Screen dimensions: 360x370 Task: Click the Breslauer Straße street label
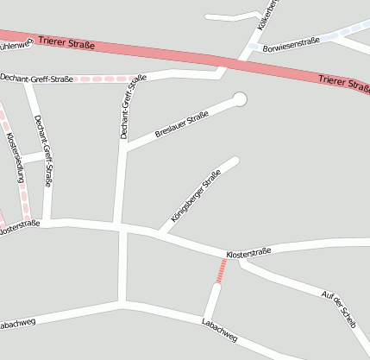pyautogui.click(x=181, y=123)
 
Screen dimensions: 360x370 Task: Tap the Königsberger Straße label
pyautogui.click(x=196, y=196)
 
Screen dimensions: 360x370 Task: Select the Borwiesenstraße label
pyautogui.click(x=291, y=42)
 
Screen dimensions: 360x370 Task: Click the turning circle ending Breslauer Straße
pyautogui.click(x=240, y=99)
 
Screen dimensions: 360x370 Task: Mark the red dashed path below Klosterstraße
pyautogui.click(x=223, y=270)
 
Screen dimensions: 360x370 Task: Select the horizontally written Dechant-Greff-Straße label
pyautogui.click(x=36, y=78)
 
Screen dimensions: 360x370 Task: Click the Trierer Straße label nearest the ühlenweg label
pyautogui.click(x=66, y=41)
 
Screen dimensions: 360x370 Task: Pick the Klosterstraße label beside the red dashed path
pyautogui.click(x=248, y=252)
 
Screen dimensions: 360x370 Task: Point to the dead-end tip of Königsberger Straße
pyautogui.click(x=235, y=160)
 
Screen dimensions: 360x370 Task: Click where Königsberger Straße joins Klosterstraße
pyautogui.click(x=158, y=233)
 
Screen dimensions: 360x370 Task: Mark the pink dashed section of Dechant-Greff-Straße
pyautogui.click(x=103, y=79)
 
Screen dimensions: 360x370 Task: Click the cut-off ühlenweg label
pyautogui.click(x=15, y=47)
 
